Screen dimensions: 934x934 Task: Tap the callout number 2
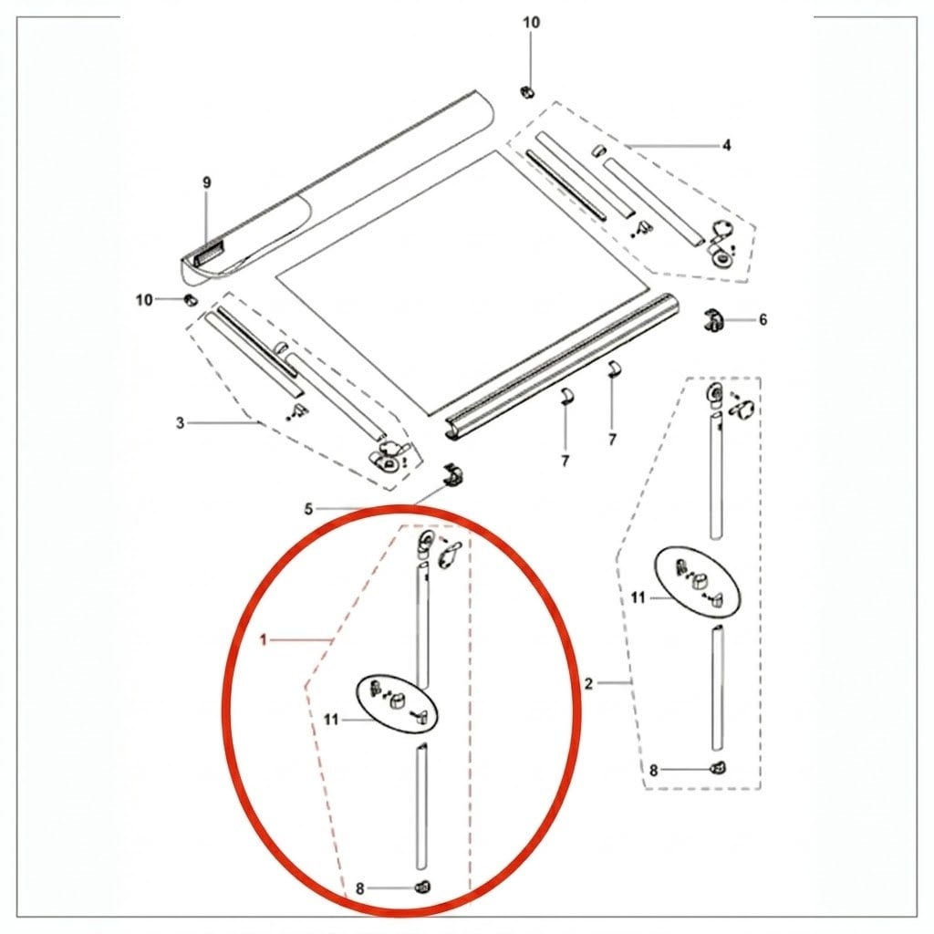588,684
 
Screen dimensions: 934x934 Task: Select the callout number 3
180,423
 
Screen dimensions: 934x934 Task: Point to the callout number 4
726,145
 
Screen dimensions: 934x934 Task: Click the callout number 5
308,509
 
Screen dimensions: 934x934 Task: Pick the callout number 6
763,320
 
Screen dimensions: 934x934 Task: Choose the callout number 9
207,182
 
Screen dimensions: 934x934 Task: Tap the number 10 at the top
532,23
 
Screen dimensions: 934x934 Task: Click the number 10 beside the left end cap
144,299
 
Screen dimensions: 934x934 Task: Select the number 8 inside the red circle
359,889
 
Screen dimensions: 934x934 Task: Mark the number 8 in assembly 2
653,771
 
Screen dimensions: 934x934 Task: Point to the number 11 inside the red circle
330,721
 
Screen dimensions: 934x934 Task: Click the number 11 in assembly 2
638,597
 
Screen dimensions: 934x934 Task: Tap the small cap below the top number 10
527,92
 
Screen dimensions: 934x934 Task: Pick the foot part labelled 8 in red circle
422,887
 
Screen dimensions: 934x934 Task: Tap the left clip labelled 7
566,395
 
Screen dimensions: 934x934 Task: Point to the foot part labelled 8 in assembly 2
719,768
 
